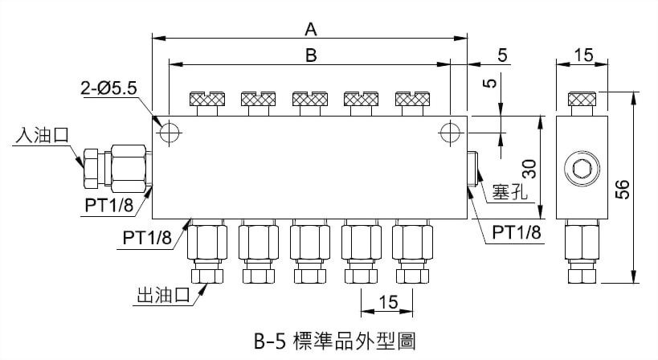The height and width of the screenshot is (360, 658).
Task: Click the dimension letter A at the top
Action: coord(311,29)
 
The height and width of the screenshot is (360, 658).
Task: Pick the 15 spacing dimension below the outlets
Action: coord(388,302)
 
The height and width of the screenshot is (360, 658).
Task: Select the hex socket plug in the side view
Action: coord(582,169)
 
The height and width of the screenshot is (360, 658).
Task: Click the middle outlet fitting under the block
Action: coord(310,251)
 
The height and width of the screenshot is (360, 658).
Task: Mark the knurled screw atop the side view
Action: coord(582,100)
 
